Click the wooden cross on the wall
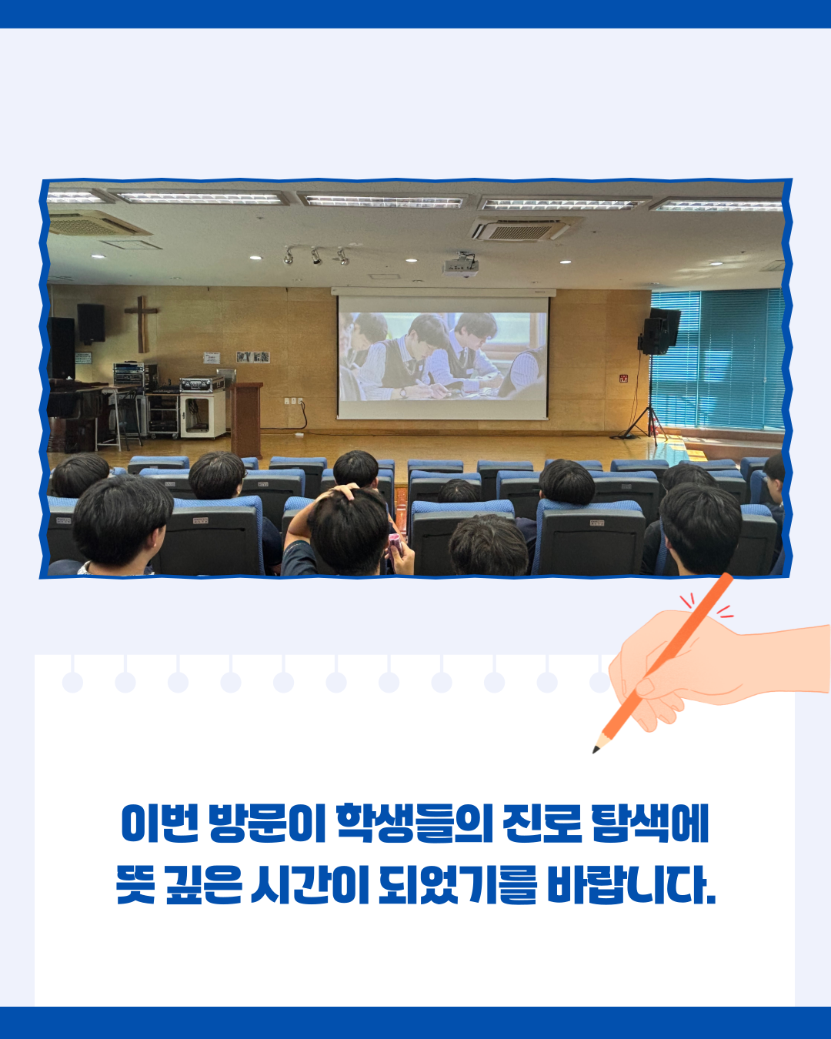click(141, 324)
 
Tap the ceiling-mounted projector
click(461, 266)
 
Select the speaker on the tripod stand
click(659, 332)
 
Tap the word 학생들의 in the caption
click(414, 824)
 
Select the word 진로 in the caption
click(542, 824)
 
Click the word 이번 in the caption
click(160, 824)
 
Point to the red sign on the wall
click(623, 378)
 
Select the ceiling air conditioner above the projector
click(522, 229)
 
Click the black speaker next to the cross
click(91, 323)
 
